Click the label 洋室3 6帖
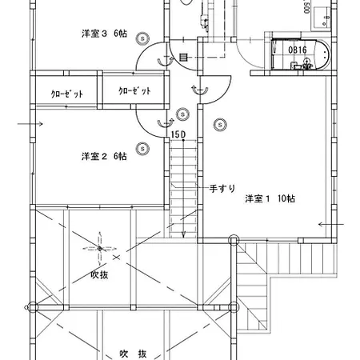tap(104, 34)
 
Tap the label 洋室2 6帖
tap(104, 156)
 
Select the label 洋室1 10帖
tap(270, 198)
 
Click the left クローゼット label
tap(67, 94)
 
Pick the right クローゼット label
tap(134, 91)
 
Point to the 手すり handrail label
tap(222, 189)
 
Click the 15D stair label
tap(178, 135)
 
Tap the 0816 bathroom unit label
tap(298, 50)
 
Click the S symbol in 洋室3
tap(142, 38)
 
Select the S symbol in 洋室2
tap(142, 148)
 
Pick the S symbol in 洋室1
tap(220, 125)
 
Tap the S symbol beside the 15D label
tap(182, 114)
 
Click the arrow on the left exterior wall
tap(30, 124)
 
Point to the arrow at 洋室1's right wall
tap(331, 224)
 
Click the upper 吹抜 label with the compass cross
tap(99, 274)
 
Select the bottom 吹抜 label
tap(133, 354)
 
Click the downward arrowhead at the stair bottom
tap(183, 235)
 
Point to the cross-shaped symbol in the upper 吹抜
tap(100, 249)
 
